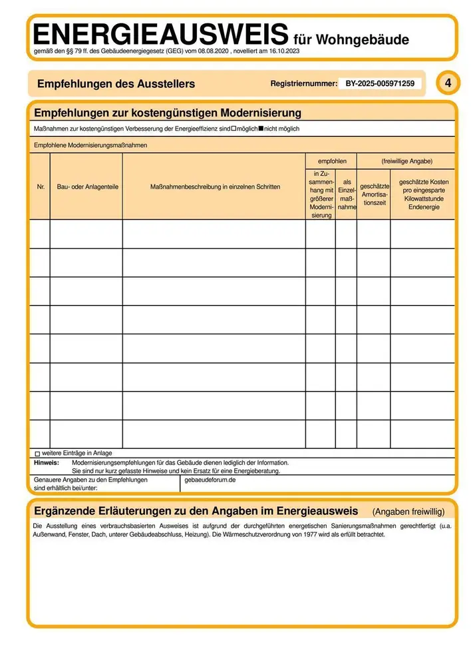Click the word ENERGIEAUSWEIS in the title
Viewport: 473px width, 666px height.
click(160, 33)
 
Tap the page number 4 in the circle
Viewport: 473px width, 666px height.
click(448, 83)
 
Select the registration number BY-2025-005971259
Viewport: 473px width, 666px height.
click(380, 84)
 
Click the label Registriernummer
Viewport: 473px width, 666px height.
click(304, 84)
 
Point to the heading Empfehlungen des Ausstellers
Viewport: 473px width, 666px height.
click(116, 84)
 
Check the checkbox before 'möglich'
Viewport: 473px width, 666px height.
click(234, 128)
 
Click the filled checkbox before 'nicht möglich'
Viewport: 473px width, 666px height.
click(261, 128)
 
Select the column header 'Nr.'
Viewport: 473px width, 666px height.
click(40, 187)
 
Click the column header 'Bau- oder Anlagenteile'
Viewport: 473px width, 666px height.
click(86, 187)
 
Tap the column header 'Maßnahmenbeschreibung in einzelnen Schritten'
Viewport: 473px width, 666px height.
click(214, 187)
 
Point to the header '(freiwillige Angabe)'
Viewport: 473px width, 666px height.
click(406, 161)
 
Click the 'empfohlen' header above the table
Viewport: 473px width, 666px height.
click(331, 161)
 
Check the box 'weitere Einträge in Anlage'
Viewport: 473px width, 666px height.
click(37, 454)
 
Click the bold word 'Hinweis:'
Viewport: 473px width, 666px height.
click(47, 462)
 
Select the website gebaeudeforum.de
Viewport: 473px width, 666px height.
click(210, 480)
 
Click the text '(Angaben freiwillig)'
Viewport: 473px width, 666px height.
click(408, 511)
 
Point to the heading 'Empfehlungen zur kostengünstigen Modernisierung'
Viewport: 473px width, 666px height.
click(168, 113)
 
